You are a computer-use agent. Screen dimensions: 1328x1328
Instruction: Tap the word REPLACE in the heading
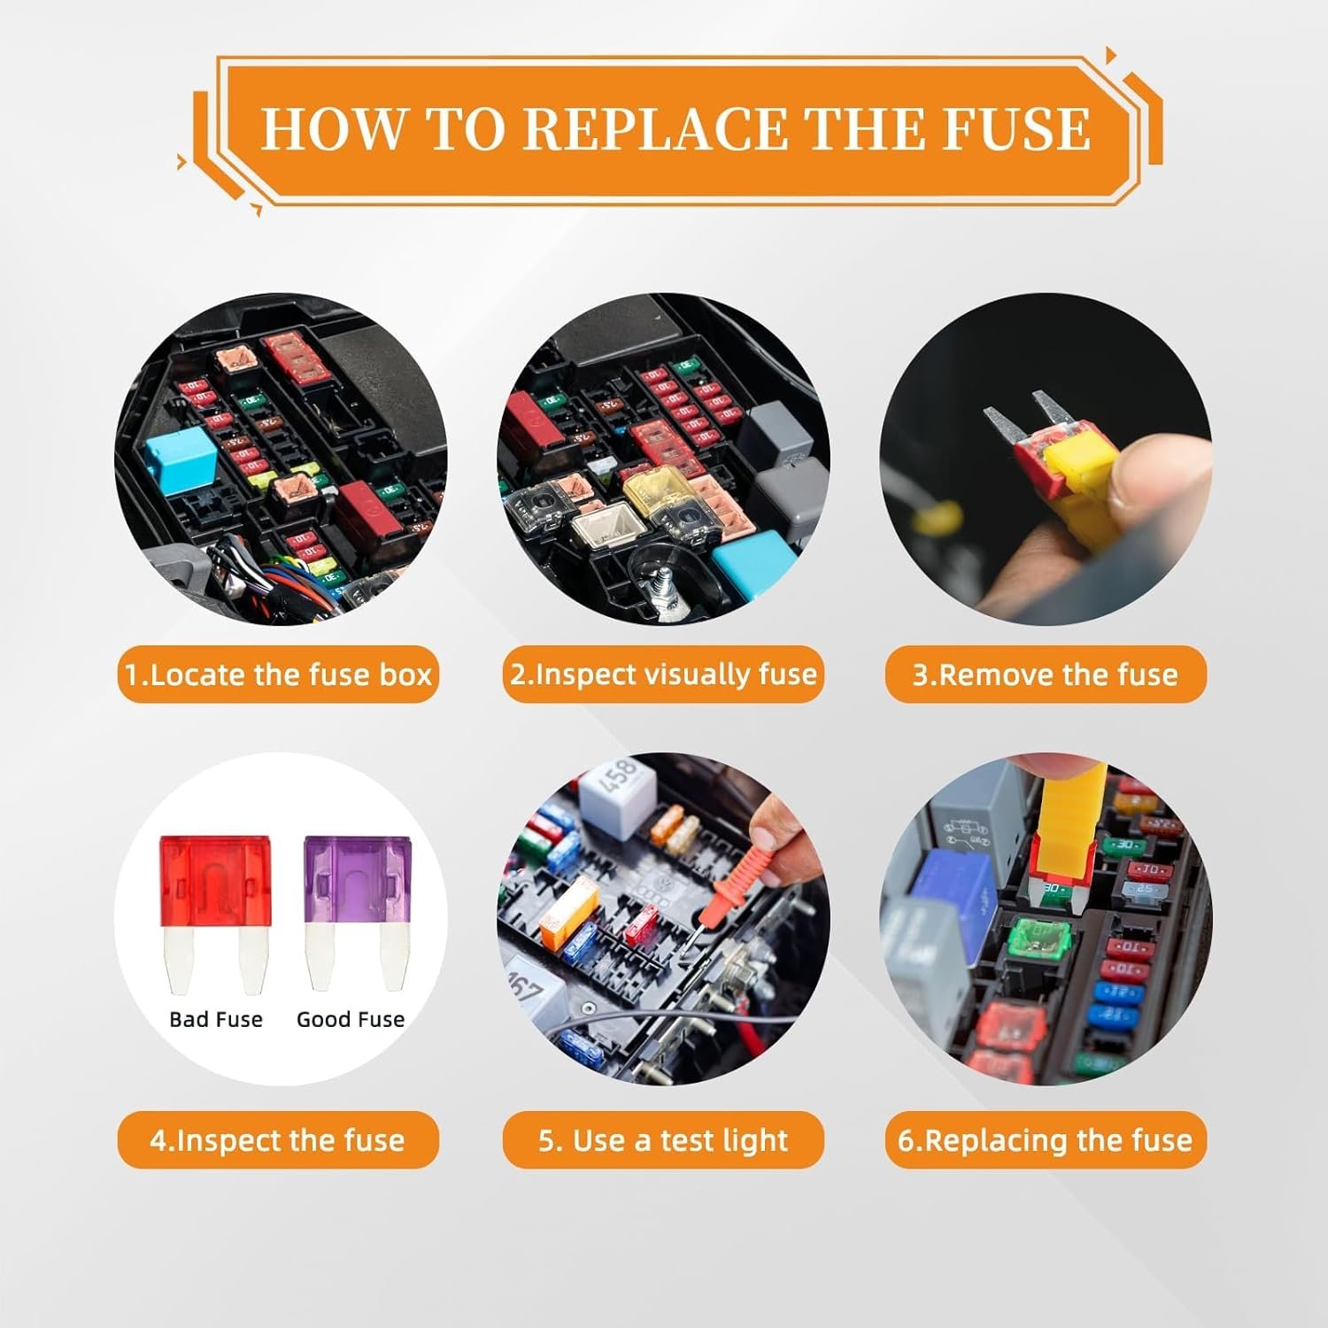click(x=656, y=129)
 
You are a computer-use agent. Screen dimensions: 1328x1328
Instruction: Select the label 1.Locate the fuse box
click(x=278, y=675)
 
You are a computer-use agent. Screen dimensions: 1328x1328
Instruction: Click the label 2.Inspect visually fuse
click(x=663, y=675)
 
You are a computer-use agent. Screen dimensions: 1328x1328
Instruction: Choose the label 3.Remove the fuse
click(x=1046, y=675)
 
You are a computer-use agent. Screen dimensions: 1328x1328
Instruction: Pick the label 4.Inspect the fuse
click(x=278, y=1140)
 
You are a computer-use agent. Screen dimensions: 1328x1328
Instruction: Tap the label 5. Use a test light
click(x=663, y=1140)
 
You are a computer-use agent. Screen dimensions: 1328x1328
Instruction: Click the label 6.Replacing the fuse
click(x=1046, y=1140)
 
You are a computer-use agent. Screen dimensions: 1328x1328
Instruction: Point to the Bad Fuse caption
click(x=216, y=1020)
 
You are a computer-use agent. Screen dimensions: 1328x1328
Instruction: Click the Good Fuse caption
click(x=351, y=1020)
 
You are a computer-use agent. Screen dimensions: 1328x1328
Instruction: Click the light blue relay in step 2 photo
click(x=750, y=564)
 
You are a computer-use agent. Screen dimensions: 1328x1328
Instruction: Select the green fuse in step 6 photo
click(x=1040, y=941)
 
